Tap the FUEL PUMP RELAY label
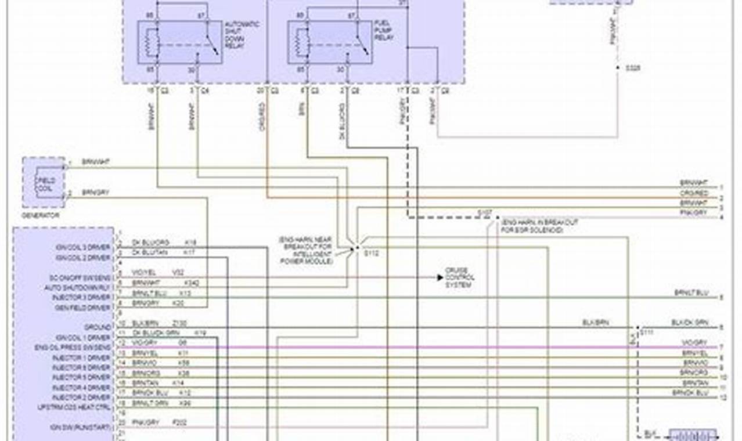pyautogui.click(x=383, y=30)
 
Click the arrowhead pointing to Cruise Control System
pyautogui.click(x=440, y=277)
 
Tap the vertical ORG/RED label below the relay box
pyautogui.click(x=262, y=116)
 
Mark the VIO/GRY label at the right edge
pyautogui.click(x=695, y=343)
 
